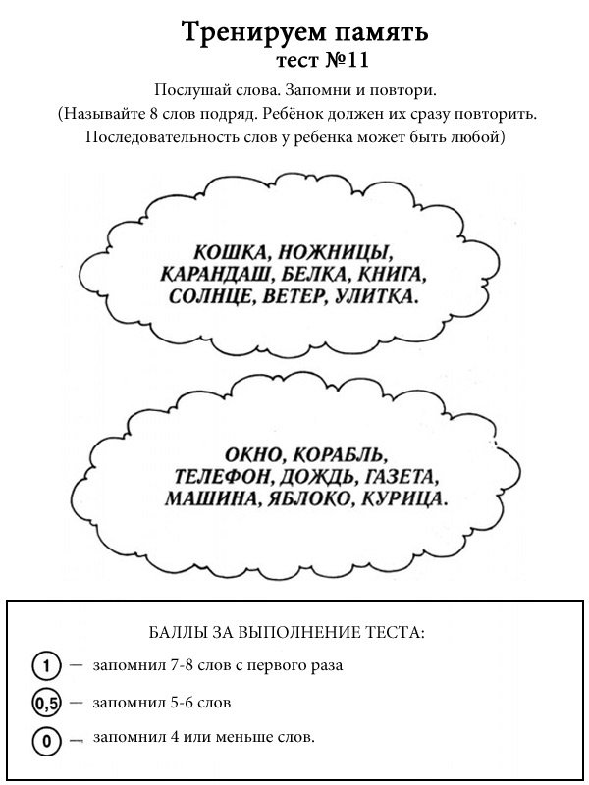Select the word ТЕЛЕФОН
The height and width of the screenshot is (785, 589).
pyautogui.click(x=217, y=478)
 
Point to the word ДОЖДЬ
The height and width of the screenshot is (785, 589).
pyautogui.click(x=314, y=478)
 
